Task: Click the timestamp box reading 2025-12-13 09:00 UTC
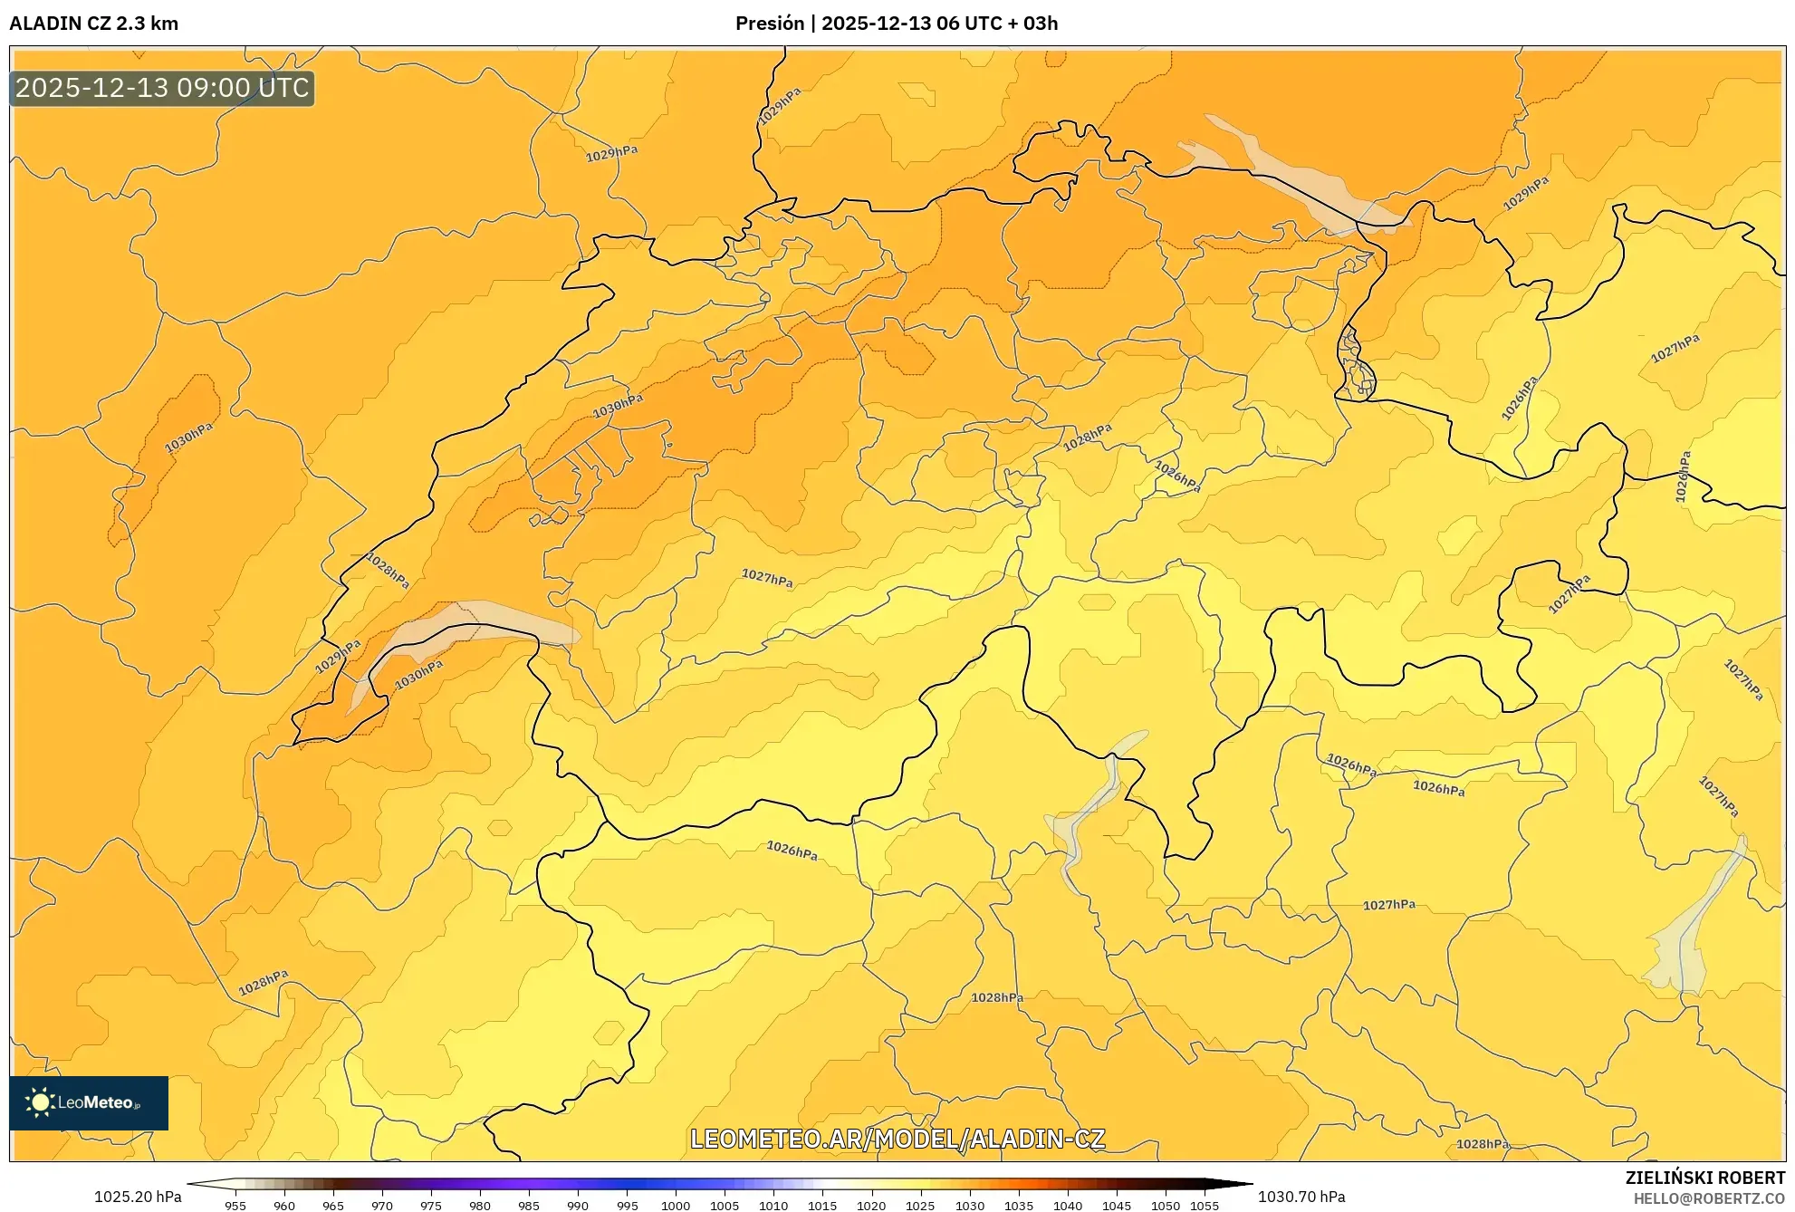click(x=162, y=88)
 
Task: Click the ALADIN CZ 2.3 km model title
click(x=93, y=24)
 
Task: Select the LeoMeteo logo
click(x=88, y=1102)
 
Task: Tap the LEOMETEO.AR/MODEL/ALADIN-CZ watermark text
click(x=897, y=1139)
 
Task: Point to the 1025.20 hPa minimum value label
click(x=138, y=1197)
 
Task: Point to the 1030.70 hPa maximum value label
click(x=1301, y=1197)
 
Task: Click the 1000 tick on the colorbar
click(x=676, y=1206)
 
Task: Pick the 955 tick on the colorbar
click(x=235, y=1206)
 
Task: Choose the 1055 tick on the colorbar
click(x=1204, y=1206)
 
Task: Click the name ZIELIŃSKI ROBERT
click(x=1704, y=1178)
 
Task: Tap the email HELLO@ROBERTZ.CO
click(x=1709, y=1198)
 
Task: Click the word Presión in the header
click(x=769, y=24)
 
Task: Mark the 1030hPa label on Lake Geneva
click(x=418, y=673)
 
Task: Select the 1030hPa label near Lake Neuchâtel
click(x=618, y=406)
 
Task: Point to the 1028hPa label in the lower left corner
click(x=263, y=982)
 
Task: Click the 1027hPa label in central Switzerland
click(x=766, y=578)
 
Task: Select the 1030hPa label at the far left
click(x=188, y=438)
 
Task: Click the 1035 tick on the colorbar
click(x=1018, y=1206)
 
